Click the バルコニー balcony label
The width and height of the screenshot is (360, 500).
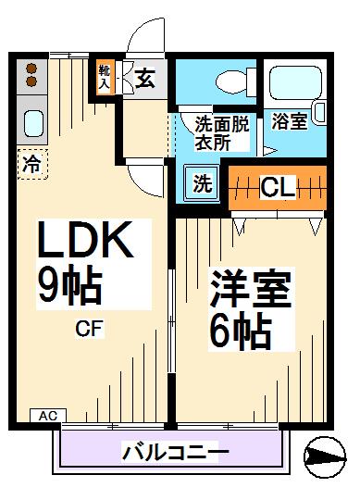pyautogui.click(x=175, y=452)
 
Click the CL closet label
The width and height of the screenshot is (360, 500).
pyautogui.click(x=277, y=187)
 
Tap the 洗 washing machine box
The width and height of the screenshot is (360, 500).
pyautogui.click(x=202, y=182)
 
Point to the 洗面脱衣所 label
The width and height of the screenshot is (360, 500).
pyautogui.click(x=221, y=131)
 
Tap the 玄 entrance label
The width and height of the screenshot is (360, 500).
pyautogui.click(x=145, y=79)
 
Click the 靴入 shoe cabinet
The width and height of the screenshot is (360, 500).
pyautogui.click(x=104, y=78)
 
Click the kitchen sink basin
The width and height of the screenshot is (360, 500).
pyautogui.click(x=32, y=122)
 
